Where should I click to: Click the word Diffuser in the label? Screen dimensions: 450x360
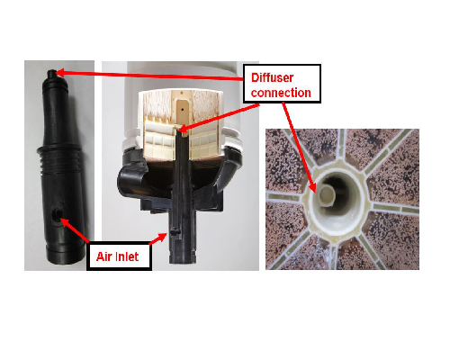pyautogui.click(x=272, y=77)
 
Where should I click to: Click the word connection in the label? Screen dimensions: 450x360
pyautogui.click(x=281, y=93)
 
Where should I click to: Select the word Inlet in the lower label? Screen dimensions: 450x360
pyautogui.click(x=126, y=256)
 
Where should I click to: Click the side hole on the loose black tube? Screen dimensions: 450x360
pyautogui.click(x=57, y=214)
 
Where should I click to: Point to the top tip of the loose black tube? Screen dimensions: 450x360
pyautogui.click(x=52, y=72)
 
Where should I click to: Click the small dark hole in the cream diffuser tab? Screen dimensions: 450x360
pyautogui.click(x=183, y=110)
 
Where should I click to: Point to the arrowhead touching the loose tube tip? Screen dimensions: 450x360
pyautogui.click(x=60, y=73)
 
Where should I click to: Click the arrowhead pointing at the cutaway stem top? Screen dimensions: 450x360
pyautogui.click(x=184, y=130)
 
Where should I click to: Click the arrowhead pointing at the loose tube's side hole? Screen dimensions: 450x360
pyautogui.click(x=65, y=222)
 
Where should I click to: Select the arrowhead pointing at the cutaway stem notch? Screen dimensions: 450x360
pyautogui.click(x=162, y=236)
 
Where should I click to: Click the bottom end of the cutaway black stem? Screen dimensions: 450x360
pyautogui.click(x=183, y=258)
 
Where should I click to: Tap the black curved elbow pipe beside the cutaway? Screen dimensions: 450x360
pyautogui.click(x=132, y=181)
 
